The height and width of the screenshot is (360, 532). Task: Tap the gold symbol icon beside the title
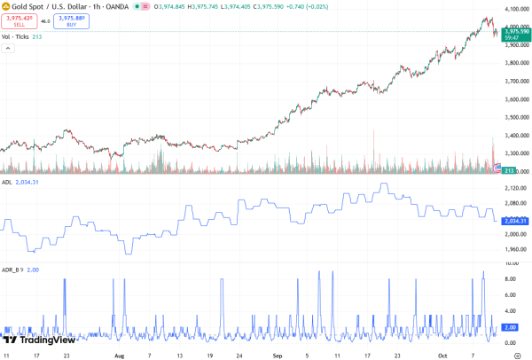tap(6, 7)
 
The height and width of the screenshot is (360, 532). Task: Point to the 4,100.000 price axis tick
tap(515, 9)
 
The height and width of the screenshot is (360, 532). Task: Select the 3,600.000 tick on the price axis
tap(515, 99)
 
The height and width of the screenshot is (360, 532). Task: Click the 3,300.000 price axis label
tap(515, 153)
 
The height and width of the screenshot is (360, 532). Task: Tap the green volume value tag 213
tap(510, 169)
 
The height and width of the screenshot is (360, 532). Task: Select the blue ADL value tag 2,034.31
tap(514, 221)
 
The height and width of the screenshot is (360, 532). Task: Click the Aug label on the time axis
tap(119, 355)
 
